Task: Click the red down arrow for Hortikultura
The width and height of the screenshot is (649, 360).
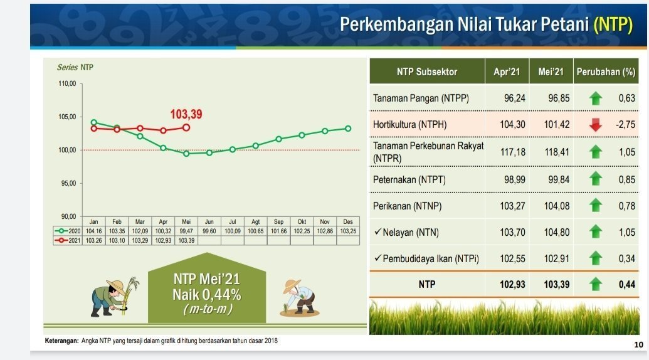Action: (595, 124)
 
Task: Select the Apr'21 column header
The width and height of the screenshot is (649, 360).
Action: (507, 71)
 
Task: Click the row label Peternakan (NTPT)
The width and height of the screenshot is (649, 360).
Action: (409, 180)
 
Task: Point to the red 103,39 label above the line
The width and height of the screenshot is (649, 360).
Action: (186, 115)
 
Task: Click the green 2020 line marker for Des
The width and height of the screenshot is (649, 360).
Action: (348, 129)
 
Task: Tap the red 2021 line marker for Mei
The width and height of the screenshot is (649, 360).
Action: (186, 127)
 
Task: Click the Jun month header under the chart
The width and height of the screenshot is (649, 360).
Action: (209, 222)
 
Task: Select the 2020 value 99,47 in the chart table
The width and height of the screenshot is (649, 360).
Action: (186, 231)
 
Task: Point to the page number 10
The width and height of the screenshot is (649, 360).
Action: (638, 345)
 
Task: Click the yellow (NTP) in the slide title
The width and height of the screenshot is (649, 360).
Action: (613, 25)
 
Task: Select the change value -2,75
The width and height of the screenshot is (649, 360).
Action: (625, 124)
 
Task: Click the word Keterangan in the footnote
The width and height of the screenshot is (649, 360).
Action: (61, 341)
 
